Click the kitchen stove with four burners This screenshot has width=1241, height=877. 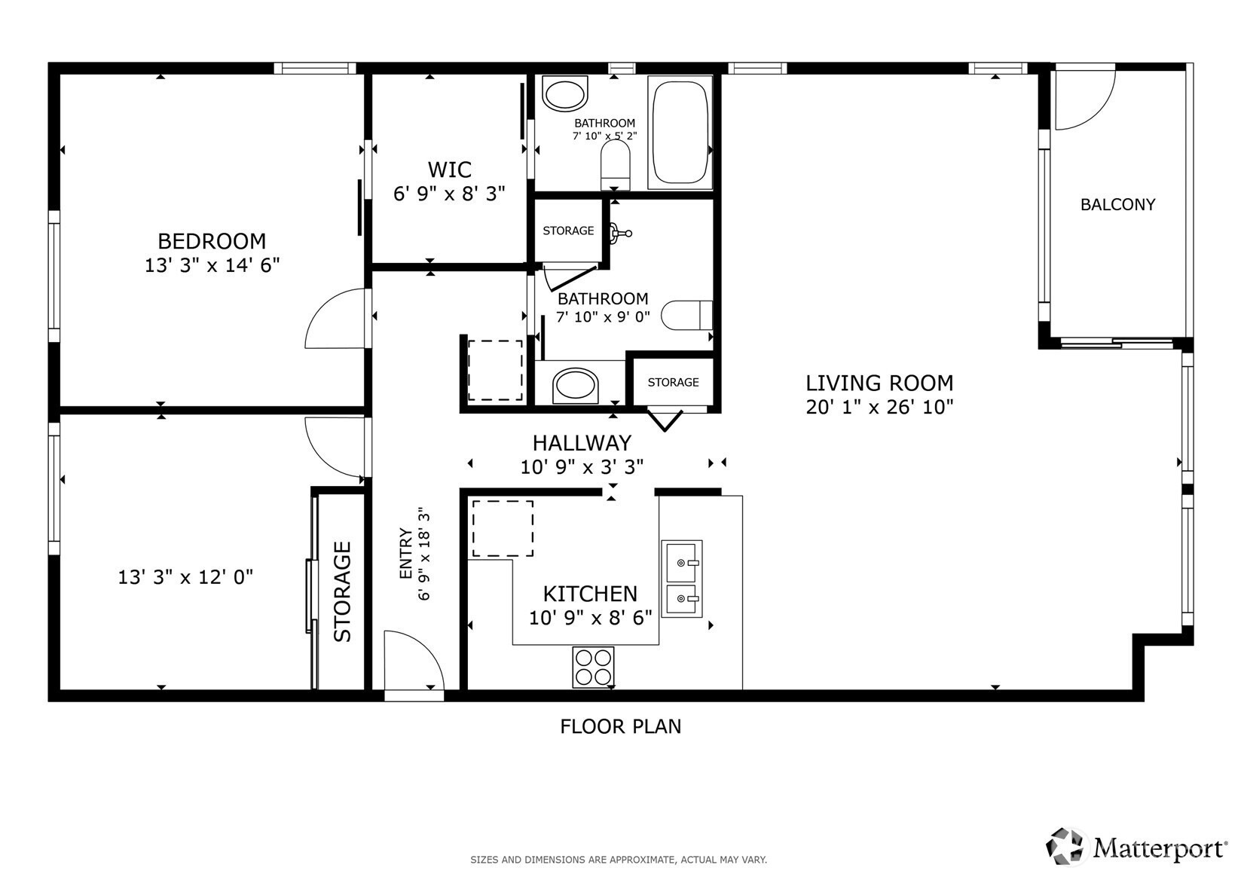tap(593, 667)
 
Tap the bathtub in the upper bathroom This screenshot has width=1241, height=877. tap(680, 133)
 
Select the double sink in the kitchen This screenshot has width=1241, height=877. tap(682, 579)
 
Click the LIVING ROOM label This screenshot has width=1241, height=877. tap(879, 383)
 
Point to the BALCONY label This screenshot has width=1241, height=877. tap(1117, 204)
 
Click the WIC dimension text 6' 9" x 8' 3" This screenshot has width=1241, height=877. tap(449, 194)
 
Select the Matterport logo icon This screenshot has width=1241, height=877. tap(1066, 845)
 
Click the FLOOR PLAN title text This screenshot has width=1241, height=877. tap(620, 726)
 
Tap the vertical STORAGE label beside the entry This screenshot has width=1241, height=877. tap(343, 591)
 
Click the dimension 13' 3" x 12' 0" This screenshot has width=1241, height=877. tap(185, 577)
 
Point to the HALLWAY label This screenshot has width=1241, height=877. tap(582, 442)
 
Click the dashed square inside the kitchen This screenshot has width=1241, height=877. tap(503, 527)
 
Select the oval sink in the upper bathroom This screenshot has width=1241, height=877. tap(564, 95)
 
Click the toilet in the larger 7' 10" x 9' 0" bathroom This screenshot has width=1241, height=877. tap(686, 315)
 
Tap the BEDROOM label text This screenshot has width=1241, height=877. tap(212, 241)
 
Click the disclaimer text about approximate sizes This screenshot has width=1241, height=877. tap(619, 859)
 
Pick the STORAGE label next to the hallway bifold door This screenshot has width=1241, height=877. tap(673, 382)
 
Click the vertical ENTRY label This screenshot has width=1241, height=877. tap(406, 554)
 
